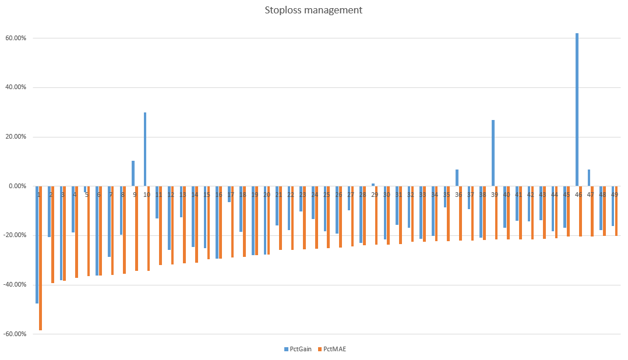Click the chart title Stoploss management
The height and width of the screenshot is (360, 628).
(313, 10)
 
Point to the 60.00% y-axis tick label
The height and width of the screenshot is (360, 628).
(16, 38)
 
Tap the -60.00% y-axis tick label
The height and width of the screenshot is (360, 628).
(15, 334)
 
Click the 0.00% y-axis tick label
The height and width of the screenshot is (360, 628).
(17, 186)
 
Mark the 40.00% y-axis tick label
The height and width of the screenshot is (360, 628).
(16, 87)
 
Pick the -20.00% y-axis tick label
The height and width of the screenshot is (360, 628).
(15, 235)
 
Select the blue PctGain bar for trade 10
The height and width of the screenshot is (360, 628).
(145, 149)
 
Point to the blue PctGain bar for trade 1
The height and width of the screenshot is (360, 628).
(37, 245)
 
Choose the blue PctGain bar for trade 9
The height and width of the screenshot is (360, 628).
(133, 174)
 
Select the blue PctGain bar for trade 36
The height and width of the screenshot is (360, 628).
(457, 178)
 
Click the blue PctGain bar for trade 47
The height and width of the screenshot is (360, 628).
(589, 178)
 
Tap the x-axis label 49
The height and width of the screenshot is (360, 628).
(614, 195)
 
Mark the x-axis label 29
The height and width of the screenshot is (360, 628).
(375, 195)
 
